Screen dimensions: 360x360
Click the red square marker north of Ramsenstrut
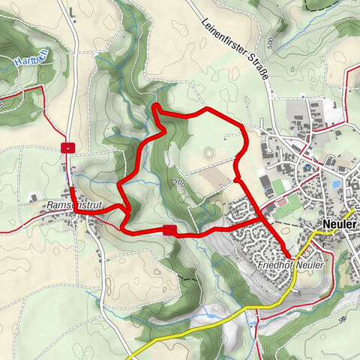tap(68, 147)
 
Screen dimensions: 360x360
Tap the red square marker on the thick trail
tap(169, 230)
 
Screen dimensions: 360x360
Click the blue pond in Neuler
tap(336, 182)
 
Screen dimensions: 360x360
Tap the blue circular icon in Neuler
tap(307, 168)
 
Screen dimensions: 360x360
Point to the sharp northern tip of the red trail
tap(155, 107)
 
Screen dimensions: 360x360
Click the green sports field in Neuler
tap(280, 184)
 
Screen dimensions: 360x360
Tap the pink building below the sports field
tap(281, 201)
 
